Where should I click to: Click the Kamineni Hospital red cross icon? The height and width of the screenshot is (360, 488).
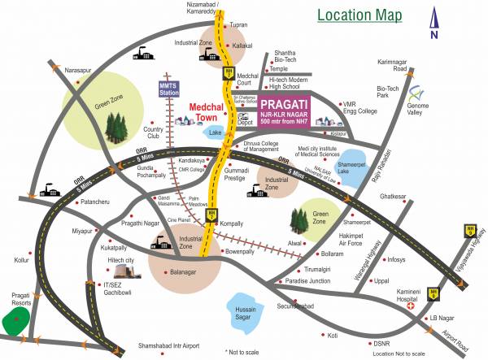411,307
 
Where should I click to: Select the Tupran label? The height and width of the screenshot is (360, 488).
238,25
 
